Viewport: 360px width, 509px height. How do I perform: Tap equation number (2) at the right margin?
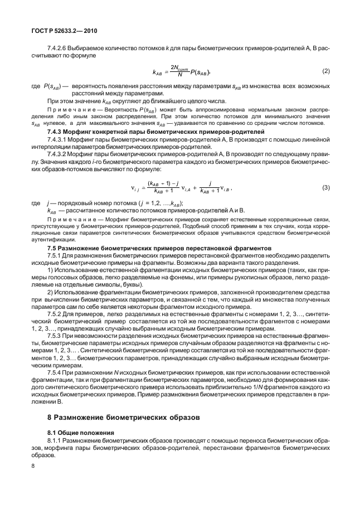(x=326, y=72)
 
